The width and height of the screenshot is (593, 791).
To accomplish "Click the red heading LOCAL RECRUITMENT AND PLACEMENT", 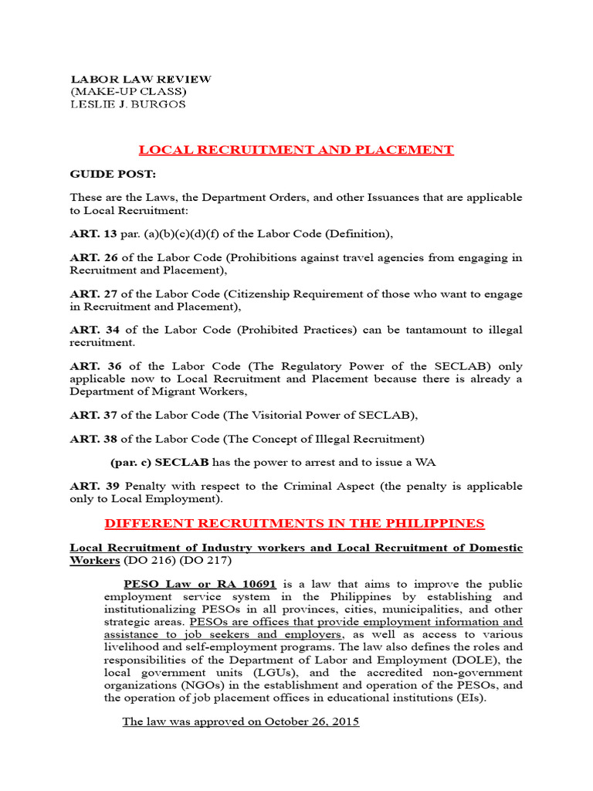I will (x=296, y=150).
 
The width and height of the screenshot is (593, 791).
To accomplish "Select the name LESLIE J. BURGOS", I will (x=128, y=104).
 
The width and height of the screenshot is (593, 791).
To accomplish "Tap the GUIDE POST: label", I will (x=113, y=175).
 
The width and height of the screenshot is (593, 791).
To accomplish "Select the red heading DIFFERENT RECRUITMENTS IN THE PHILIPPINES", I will (x=294, y=524).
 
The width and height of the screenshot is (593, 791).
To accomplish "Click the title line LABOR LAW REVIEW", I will (x=141, y=80).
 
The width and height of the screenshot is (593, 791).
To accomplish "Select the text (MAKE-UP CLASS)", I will (x=129, y=92).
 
